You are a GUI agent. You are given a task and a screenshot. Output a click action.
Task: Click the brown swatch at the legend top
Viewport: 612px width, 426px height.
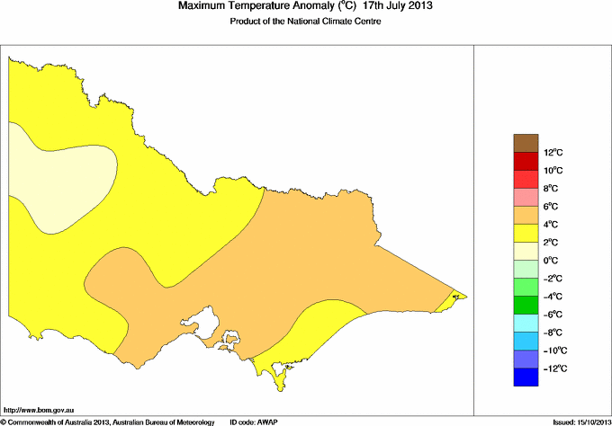tap(525, 143)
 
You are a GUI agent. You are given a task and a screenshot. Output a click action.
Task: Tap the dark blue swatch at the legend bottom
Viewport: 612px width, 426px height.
tap(525, 377)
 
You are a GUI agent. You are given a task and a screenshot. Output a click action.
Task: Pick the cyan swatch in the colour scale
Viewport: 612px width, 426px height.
tap(525, 324)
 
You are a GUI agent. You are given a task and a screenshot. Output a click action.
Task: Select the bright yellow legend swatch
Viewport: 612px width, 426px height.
tap(525, 234)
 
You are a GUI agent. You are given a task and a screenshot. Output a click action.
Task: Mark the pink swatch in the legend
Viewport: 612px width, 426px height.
tap(525, 197)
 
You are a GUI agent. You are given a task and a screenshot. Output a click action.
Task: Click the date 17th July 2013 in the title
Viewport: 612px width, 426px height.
tap(398, 7)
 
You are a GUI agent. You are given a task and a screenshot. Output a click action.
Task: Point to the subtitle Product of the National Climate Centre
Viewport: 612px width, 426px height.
tap(305, 22)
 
